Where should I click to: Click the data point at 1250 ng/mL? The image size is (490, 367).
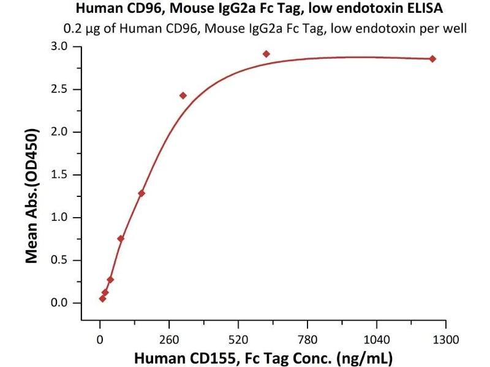tap(432, 59)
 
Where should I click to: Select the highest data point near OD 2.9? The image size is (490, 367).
tap(266, 54)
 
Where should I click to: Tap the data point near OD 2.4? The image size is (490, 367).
tap(183, 95)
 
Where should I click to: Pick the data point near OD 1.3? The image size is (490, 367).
tap(141, 193)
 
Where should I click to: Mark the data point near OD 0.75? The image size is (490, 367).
tap(121, 239)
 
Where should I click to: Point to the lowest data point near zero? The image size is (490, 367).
tap(102, 298)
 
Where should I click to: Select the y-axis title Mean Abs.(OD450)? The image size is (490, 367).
tap(32, 196)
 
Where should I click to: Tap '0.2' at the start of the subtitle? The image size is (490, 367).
tap(72, 28)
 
